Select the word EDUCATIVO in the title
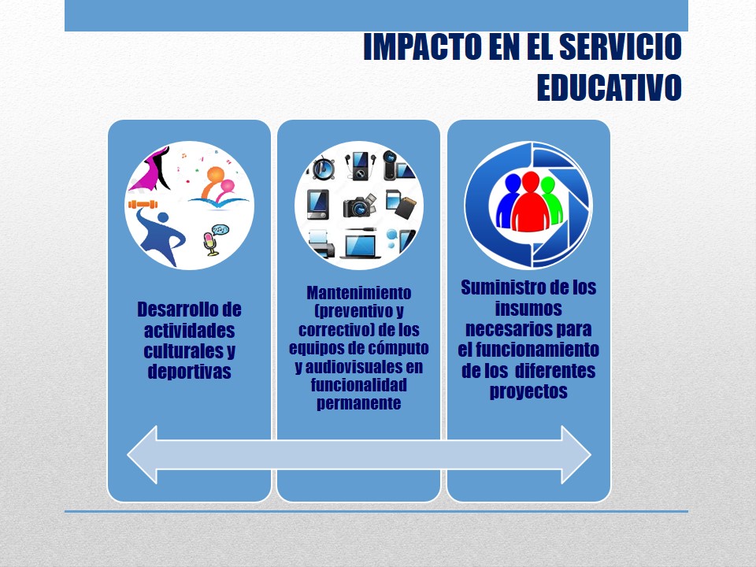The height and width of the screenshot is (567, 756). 609,87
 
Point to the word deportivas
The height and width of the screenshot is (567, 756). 189,372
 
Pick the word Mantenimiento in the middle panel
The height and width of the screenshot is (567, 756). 359,293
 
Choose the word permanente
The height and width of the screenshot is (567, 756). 359,403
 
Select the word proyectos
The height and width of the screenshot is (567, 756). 528,391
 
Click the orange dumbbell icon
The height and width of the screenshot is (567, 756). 143,205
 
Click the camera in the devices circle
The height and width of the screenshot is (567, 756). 359,206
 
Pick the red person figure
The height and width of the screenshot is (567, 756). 530,202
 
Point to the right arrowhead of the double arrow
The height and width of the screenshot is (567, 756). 576,454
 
